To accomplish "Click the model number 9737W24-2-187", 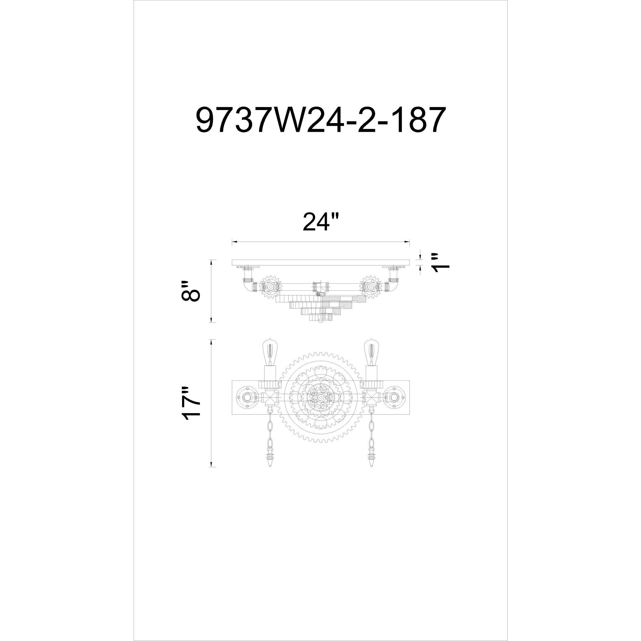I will coord(320,120).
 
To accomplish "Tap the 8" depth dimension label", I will coord(191,291).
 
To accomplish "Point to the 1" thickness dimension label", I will coord(441,267).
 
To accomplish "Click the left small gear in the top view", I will coord(271,286).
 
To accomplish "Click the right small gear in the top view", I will coord(370,286).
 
